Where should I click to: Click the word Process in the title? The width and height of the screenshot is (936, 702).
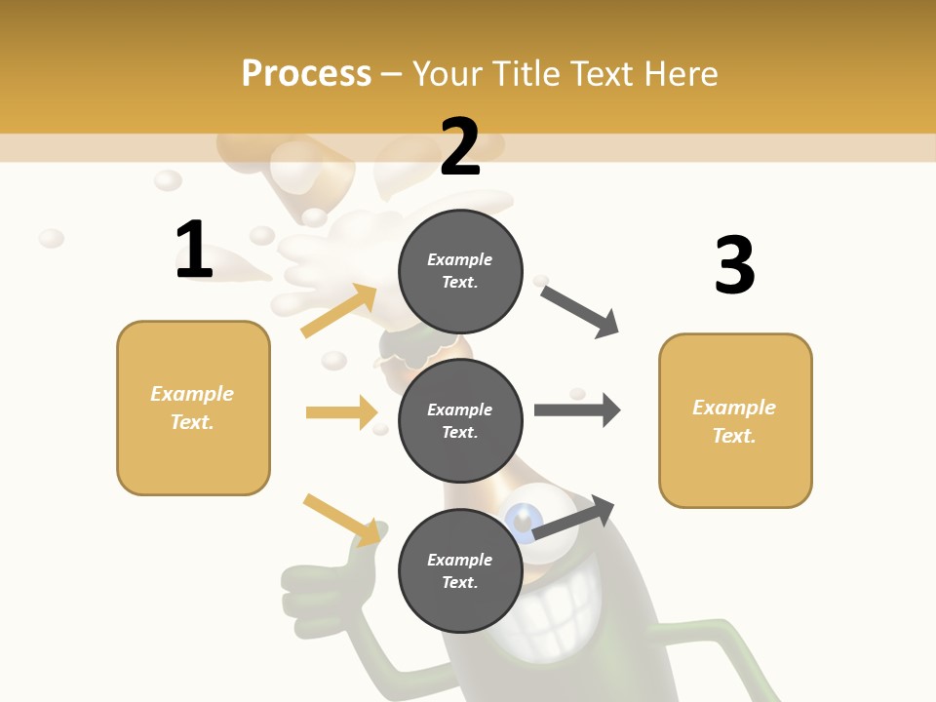click(x=306, y=74)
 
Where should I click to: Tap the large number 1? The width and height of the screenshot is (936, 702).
click(x=194, y=250)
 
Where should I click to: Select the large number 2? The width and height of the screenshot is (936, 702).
click(x=460, y=148)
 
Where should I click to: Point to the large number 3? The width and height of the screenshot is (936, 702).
click(x=734, y=265)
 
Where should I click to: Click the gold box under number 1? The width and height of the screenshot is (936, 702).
click(x=193, y=408)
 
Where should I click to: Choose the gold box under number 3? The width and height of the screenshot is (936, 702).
click(x=735, y=420)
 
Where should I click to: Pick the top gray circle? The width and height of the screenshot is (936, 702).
click(x=460, y=271)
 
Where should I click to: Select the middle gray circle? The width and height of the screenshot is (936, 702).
click(x=460, y=420)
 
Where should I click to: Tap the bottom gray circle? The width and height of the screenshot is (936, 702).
click(x=460, y=570)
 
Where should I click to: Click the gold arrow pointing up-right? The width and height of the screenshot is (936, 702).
click(x=339, y=311)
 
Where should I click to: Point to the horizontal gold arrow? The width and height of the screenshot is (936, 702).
click(x=341, y=412)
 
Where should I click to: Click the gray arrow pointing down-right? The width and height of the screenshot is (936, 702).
click(x=580, y=311)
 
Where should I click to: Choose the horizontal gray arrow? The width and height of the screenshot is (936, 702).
click(x=577, y=409)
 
